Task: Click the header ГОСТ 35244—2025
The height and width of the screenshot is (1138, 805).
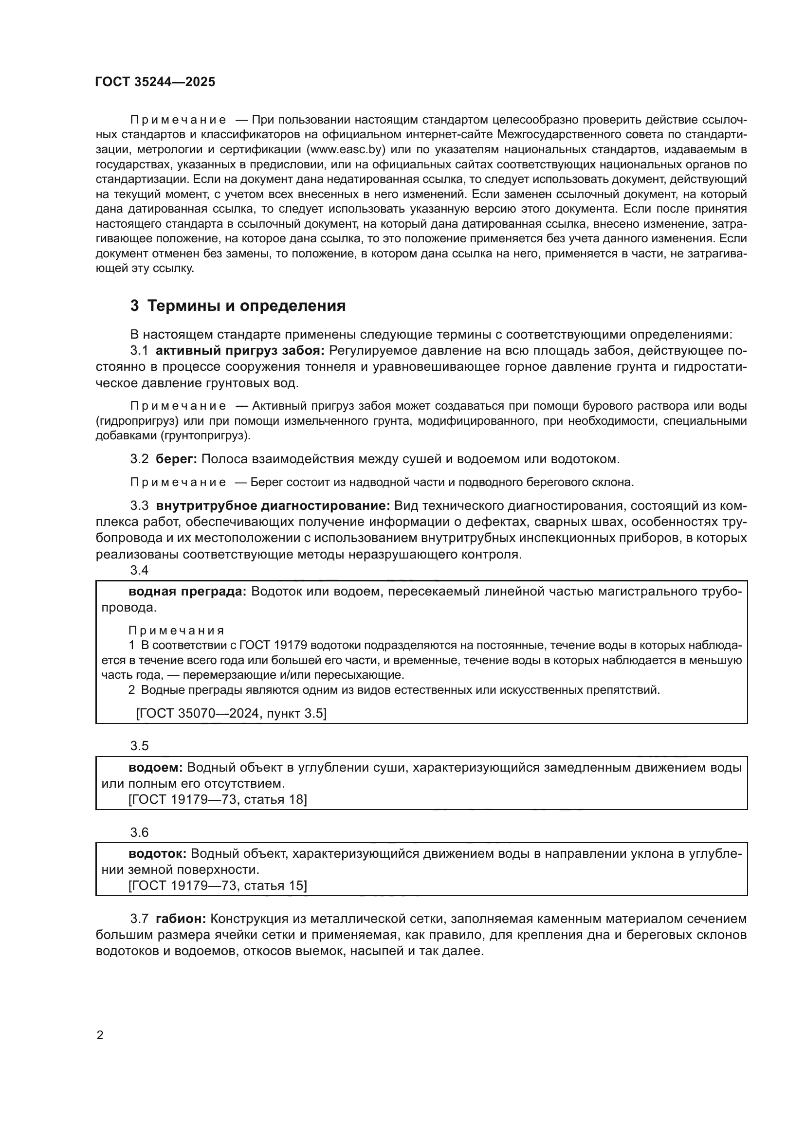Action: (x=155, y=82)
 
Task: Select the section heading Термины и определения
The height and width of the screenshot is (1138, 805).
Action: (x=246, y=306)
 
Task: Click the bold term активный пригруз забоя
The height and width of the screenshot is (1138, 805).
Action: (x=240, y=351)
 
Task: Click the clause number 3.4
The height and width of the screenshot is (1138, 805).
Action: (x=139, y=570)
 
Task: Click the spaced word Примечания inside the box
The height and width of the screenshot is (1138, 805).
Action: (x=176, y=631)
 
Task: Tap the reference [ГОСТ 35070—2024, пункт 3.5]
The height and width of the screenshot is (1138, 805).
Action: (x=231, y=713)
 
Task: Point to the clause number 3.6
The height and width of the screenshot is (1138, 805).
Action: (x=139, y=832)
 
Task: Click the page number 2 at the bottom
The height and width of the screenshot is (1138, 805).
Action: (x=100, y=1035)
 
